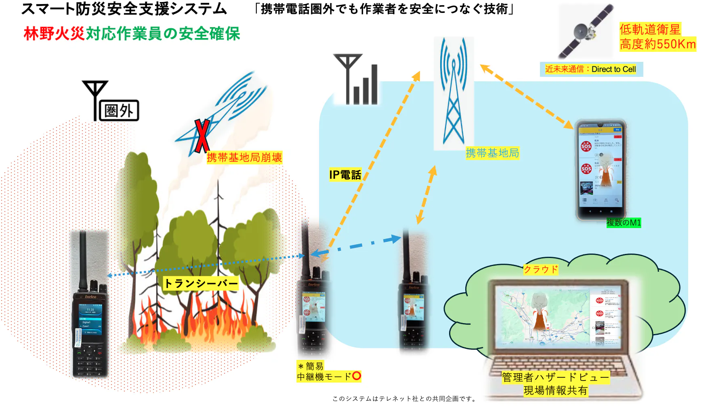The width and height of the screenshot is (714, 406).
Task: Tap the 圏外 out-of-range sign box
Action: [119, 110]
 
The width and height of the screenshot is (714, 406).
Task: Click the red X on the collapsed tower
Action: [202, 135]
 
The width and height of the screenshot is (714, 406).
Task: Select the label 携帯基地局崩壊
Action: [244, 157]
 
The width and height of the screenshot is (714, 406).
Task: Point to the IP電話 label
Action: [345, 175]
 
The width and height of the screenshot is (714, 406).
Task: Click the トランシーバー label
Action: [201, 283]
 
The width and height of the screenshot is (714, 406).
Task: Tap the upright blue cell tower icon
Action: [454, 93]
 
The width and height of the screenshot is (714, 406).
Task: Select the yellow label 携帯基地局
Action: [492, 153]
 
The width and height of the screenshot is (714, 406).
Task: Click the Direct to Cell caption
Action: [590, 69]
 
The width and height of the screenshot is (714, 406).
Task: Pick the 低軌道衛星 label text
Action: [650, 30]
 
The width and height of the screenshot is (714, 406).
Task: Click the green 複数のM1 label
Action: [624, 223]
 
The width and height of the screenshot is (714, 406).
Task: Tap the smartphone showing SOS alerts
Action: [601, 170]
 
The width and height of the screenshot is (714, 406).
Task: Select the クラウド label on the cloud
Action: [540, 269]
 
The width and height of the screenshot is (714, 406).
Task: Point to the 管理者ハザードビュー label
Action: [555, 377]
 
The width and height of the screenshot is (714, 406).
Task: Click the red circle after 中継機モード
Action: [356, 376]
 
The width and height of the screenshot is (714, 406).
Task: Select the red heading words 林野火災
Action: [54, 34]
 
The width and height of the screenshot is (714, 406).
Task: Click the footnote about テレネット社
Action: [404, 399]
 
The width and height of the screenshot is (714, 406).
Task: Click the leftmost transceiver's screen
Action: [90, 320]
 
